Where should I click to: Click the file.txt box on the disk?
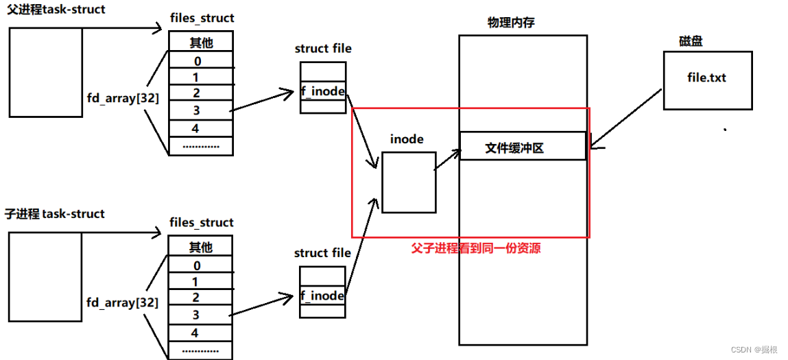707,80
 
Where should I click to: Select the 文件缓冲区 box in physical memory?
523,146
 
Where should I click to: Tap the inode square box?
408,182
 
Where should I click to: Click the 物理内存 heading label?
511,23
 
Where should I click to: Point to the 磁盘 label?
691,41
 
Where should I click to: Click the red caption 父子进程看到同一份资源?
475,248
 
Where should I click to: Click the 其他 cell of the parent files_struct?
200,43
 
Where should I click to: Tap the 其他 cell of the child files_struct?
200,247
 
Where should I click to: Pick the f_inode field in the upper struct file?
322,91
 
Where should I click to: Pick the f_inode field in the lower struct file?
322,296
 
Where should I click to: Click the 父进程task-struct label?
57,10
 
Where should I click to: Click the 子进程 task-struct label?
55,214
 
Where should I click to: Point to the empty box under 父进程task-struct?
45,72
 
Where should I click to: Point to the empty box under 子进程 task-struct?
45,276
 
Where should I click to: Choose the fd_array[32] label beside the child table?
123,302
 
